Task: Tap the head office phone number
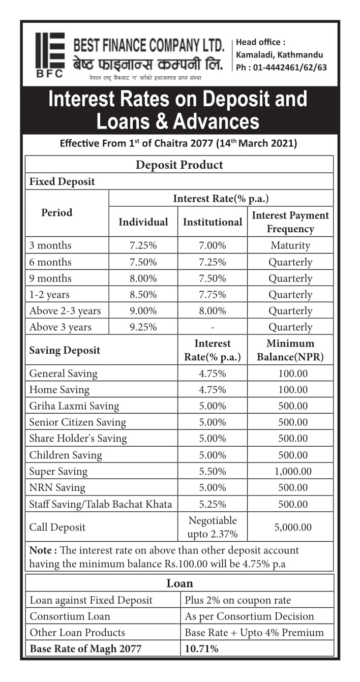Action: tap(281, 67)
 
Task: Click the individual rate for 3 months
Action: tap(143, 245)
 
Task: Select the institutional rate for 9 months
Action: tap(212, 278)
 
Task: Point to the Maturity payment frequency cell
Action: tap(290, 245)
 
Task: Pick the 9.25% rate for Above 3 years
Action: tap(143, 327)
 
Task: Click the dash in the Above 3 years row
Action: tap(212, 327)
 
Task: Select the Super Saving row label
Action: tap(58, 471)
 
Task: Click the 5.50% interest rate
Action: tap(212, 471)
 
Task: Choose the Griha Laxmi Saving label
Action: tap(74, 406)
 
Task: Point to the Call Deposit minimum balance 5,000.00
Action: tap(292, 527)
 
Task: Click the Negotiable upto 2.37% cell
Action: tap(212, 527)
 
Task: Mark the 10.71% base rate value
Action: tap(201, 648)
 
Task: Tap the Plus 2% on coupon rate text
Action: tap(237, 600)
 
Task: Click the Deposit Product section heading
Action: tap(179, 165)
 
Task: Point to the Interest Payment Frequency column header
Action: tap(290, 222)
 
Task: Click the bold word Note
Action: tap(40, 550)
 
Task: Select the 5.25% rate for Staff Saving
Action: tap(212, 504)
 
